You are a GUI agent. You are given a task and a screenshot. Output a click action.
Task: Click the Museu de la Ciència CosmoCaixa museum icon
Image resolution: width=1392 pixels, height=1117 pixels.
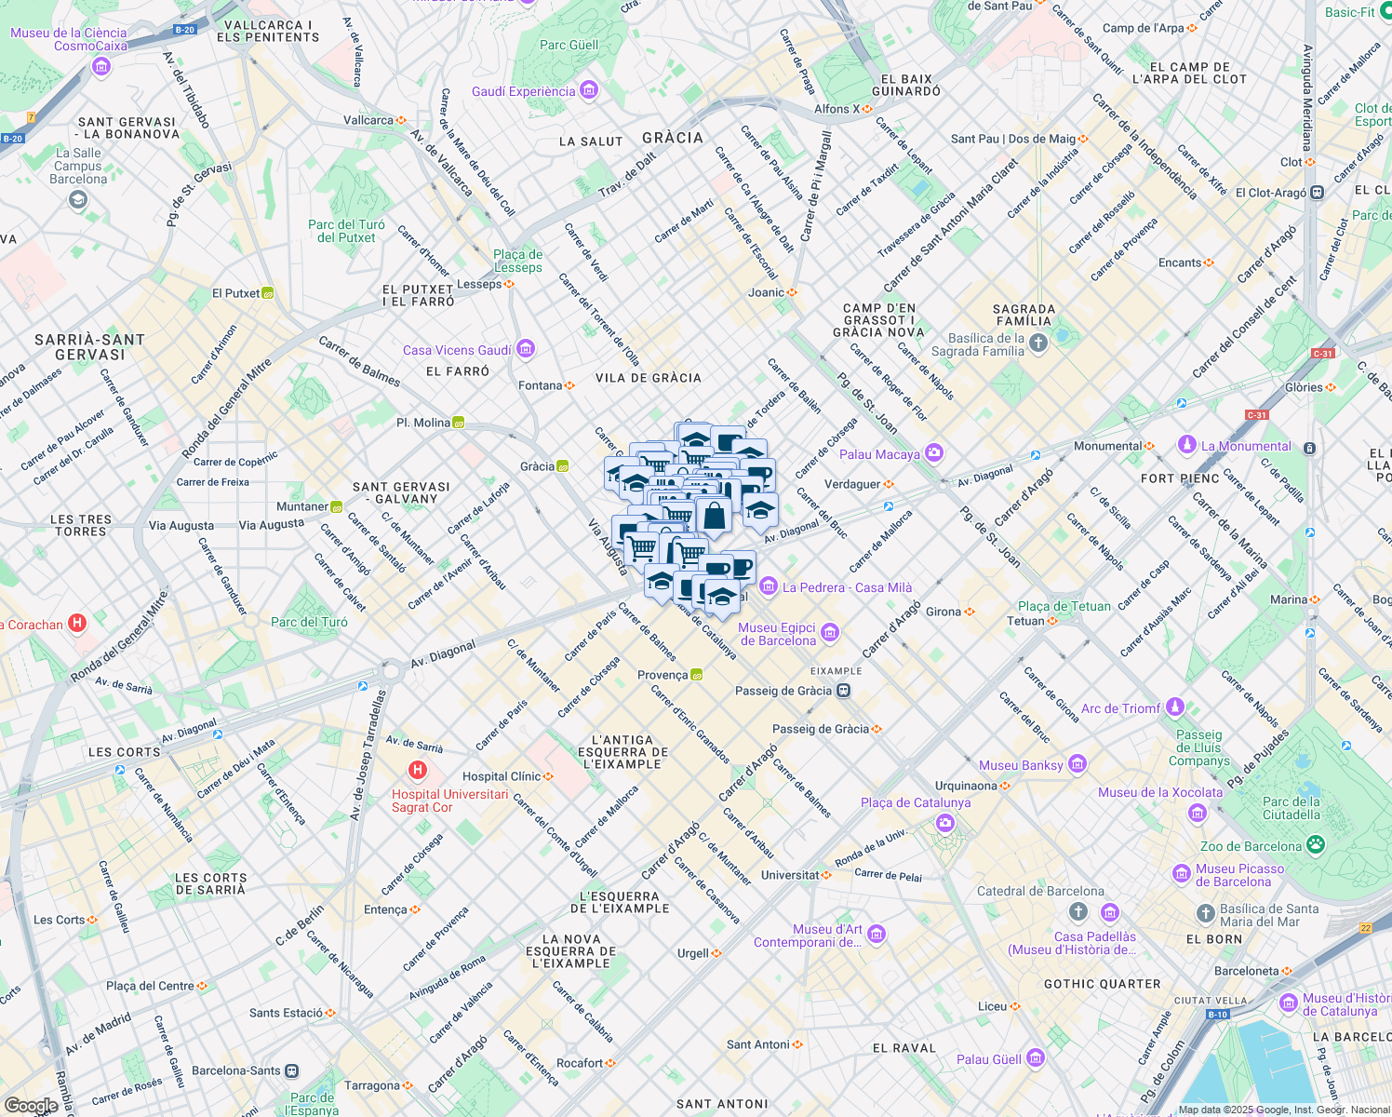[x=101, y=66]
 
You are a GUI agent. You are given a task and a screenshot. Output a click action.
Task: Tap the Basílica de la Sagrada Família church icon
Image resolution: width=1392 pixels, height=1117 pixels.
[x=1038, y=343]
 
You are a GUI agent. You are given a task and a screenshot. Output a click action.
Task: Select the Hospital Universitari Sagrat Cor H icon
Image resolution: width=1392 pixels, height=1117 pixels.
[x=418, y=770]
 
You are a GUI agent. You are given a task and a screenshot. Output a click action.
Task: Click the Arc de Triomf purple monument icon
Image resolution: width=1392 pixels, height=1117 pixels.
[x=1175, y=707]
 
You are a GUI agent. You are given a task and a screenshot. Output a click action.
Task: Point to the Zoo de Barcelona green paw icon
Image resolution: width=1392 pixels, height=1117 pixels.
[x=1315, y=845]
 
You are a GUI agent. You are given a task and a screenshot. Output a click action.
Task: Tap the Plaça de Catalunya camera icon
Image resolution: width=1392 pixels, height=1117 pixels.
[x=945, y=823]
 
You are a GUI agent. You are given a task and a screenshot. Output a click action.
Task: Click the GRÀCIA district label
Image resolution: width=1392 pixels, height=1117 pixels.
[x=673, y=138]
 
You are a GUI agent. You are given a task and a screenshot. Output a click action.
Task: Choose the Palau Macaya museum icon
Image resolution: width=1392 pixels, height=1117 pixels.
[x=934, y=453]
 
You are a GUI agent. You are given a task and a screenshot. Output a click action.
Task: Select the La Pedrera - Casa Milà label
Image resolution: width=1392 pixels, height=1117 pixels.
[x=847, y=587]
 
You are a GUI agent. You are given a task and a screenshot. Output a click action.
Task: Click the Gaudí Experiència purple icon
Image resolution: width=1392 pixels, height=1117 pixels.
[x=588, y=90]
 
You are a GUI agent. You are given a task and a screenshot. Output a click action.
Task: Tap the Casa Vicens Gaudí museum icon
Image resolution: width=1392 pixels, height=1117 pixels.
[x=526, y=349]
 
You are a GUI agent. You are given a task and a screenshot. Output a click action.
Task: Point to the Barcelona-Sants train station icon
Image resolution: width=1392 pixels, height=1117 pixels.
[x=292, y=1070]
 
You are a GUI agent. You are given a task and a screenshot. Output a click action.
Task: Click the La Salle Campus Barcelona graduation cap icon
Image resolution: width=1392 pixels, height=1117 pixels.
[x=78, y=199]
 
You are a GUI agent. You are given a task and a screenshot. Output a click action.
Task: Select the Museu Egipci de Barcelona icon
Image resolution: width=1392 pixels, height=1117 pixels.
[x=830, y=634]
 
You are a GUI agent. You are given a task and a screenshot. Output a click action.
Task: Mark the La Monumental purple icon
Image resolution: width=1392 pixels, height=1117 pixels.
[x=1186, y=445]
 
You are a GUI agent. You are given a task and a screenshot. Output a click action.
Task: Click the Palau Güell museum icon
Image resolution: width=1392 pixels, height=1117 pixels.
[x=1036, y=1058]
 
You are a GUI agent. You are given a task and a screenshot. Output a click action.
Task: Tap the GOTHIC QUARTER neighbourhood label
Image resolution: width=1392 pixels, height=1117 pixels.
[x=1102, y=984]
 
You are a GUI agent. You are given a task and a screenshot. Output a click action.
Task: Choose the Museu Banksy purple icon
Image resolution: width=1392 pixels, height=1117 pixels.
[x=1077, y=764]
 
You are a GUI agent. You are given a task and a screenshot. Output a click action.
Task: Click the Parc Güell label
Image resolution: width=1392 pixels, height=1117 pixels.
[x=569, y=45]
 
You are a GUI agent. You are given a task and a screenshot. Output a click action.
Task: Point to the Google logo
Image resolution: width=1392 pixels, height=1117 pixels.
[x=32, y=1105]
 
